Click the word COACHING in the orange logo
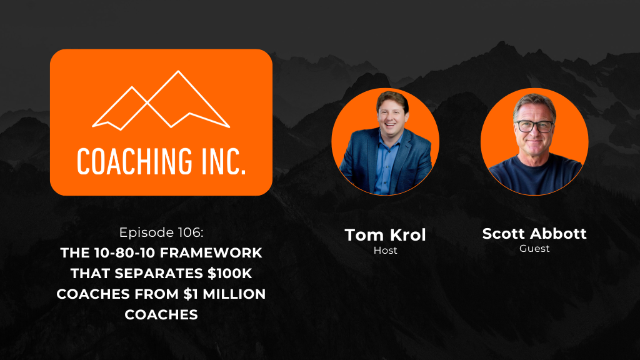click(134, 162)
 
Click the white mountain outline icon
click(161, 101)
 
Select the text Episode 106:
click(161, 232)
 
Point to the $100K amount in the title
click(230, 274)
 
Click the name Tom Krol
click(385, 235)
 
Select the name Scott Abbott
click(534, 234)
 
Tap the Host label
click(385, 250)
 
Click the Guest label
click(534, 249)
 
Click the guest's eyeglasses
click(534, 126)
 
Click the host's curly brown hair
click(392, 101)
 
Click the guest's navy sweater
click(535, 175)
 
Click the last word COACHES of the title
click(161, 315)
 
